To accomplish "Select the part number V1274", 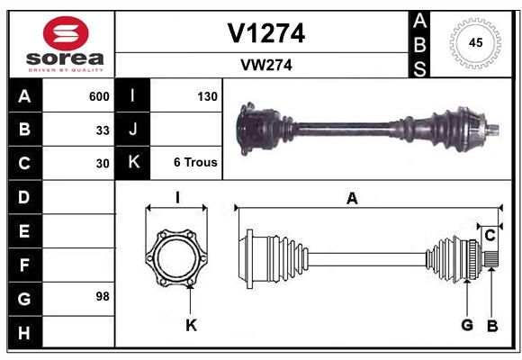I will pyautogui.click(x=265, y=33).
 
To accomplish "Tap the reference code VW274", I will pyautogui.click(x=265, y=65).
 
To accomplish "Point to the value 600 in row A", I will pyautogui.click(x=99, y=96).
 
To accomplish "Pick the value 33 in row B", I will pyautogui.click(x=103, y=130).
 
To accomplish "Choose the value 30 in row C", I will pyautogui.click(x=103, y=164).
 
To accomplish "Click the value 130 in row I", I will pyautogui.click(x=207, y=96).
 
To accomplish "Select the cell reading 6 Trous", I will pyautogui.click(x=195, y=163).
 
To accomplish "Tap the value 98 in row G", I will pyautogui.click(x=103, y=296).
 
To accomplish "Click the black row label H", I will pyautogui.click(x=24, y=333).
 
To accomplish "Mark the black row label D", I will pyautogui.click(x=24, y=196).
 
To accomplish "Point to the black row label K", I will pyautogui.click(x=134, y=163).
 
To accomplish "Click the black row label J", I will pyautogui.click(x=134, y=130).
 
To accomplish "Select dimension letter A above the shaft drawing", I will pyautogui.click(x=352, y=199).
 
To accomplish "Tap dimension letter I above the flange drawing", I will pyautogui.click(x=177, y=198).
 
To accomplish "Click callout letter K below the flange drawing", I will pyautogui.click(x=191, y=325).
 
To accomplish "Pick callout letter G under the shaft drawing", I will pyautogui.click(x=467, y=325).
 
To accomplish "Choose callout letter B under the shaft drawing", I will pyautogui.click(x=492, y=325).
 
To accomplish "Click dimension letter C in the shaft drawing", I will pyautogui.click(x=490, y=235).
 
